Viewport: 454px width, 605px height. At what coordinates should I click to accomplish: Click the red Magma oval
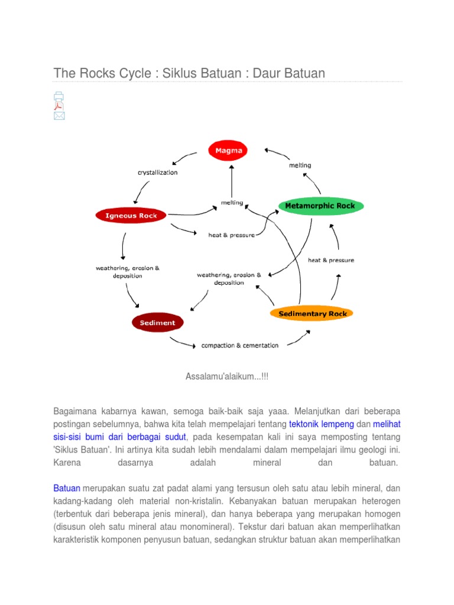pos(228,150)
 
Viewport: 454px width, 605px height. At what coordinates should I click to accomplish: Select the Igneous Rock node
pos(131,216)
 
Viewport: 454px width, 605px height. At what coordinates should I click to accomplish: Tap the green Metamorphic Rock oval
pos(320,206)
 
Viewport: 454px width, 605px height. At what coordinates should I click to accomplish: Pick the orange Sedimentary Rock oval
pos(312,313)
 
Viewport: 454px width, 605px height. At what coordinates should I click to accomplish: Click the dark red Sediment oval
pos(157,323)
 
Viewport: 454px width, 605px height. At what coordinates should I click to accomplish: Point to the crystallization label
pos(157,173)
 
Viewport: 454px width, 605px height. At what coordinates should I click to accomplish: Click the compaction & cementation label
pos(239,345)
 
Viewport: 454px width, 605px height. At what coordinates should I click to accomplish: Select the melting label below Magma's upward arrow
pos(232,203)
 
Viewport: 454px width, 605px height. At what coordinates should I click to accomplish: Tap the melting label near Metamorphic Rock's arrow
pos(300,165)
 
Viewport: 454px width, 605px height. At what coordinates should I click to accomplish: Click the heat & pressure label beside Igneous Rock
pos(232,235)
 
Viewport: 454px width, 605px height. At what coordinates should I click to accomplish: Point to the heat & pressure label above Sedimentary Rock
pos(331,260)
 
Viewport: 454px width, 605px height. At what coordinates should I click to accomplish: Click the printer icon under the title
pos(59,96)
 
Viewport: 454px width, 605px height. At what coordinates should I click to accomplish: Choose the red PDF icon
pos(59,106)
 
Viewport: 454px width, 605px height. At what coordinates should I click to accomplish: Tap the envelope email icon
pos(59,116)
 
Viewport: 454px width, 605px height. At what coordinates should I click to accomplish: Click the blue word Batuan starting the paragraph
pos(67,489)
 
